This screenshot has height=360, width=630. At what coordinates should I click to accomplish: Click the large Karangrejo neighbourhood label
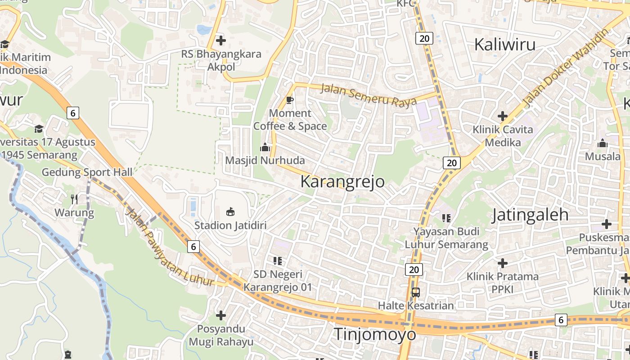342,182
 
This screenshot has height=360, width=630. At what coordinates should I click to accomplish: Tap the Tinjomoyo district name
375,334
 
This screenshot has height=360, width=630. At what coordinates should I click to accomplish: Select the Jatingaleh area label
530,215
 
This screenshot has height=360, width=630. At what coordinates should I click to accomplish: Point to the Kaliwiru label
505,45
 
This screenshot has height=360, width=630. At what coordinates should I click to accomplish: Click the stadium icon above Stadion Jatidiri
230,211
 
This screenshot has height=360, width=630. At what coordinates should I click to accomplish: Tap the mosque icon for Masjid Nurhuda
265,147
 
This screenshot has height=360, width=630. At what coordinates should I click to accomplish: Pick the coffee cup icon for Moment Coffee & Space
290,100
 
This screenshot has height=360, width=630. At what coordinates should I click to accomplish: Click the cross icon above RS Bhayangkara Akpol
220,40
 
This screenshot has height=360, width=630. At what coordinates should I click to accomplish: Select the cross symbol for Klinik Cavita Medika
503,116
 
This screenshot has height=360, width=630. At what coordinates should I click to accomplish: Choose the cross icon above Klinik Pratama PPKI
503,263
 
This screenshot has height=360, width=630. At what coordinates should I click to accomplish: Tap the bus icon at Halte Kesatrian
416,292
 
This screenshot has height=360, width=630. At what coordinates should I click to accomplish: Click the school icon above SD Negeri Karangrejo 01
277,261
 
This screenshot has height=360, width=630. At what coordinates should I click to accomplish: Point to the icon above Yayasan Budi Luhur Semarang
446,218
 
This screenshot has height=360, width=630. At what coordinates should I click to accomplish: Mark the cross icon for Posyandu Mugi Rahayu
220,315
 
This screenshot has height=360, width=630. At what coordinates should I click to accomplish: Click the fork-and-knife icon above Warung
74,199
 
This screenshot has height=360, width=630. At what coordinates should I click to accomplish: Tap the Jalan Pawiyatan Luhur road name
170,248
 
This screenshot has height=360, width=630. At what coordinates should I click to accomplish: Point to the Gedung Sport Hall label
87,172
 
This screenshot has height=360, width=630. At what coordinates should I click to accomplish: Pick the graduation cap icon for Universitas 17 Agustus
39,129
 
